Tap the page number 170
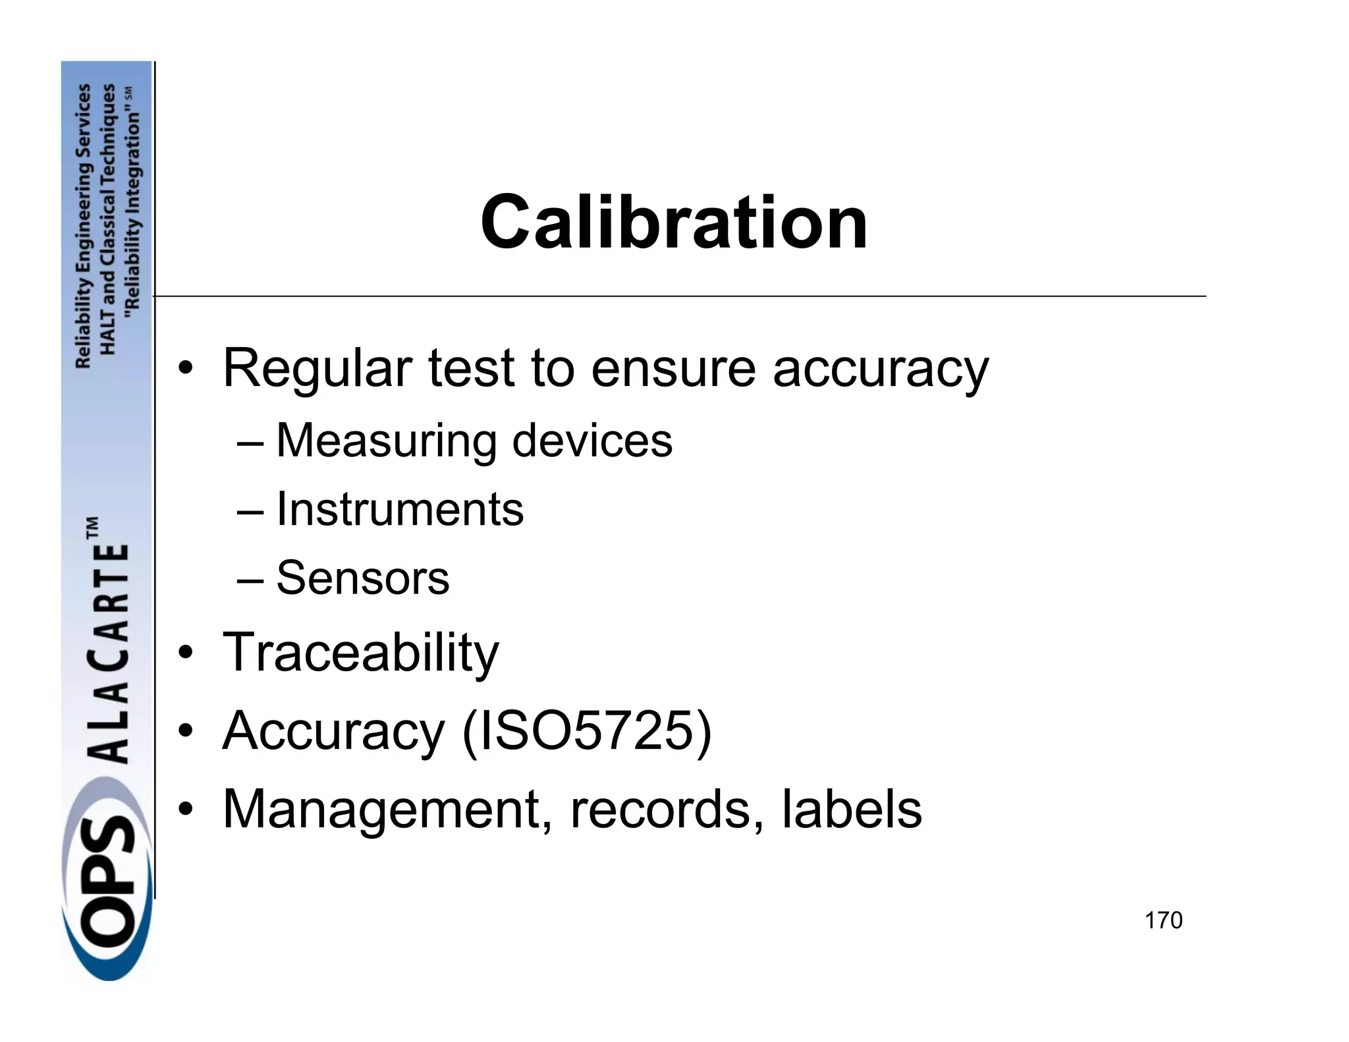click(x=1163, y=920)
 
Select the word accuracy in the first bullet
click(x=880, y=369)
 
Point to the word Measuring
click(x=386, y=441)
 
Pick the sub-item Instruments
click(x=399, y=509)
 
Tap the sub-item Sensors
click(x=362, y=578)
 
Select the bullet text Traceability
click(x=361, y=653)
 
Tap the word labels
click(x=851, y=809)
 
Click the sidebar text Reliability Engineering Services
click(x=83, y=226)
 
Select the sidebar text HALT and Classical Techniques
click(x=107, y=219)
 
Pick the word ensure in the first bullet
click(x=673, y=369)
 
